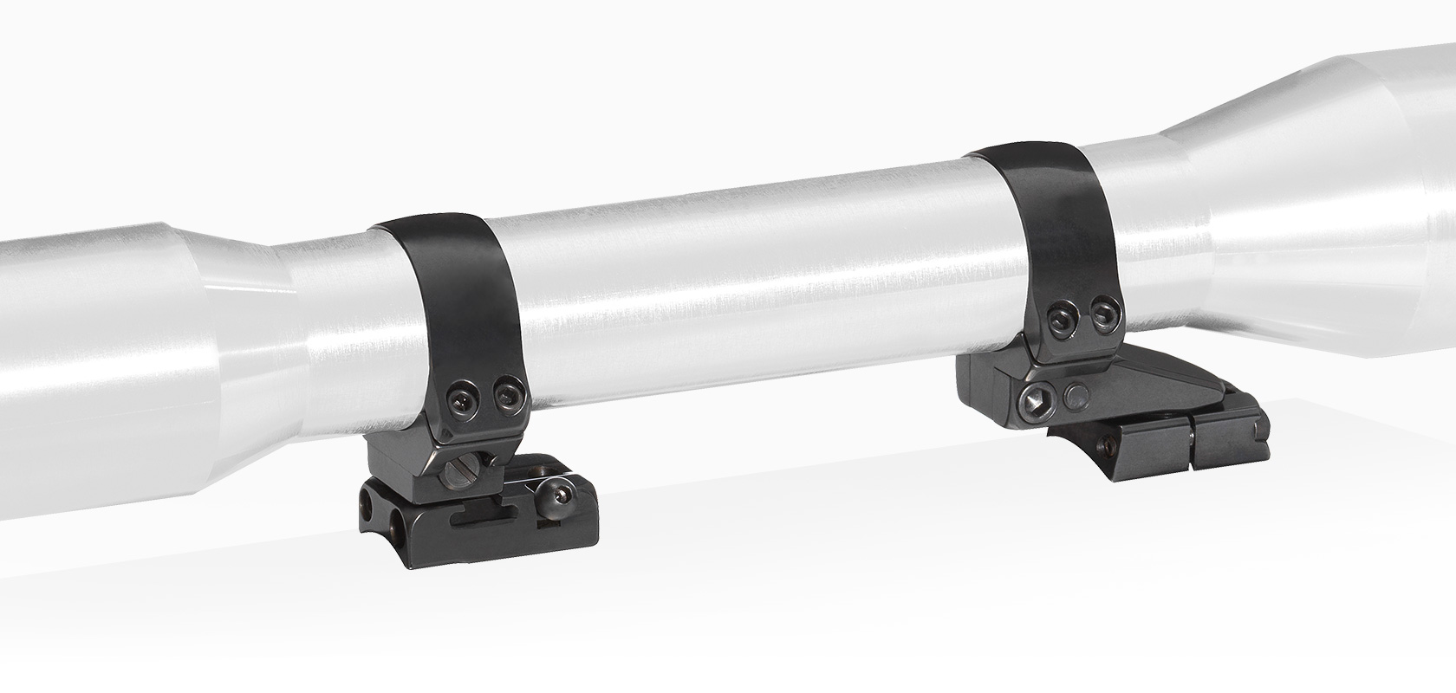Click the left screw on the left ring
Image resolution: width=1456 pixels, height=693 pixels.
click(462, 398)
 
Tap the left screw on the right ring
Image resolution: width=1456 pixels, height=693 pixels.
click(1058, 321)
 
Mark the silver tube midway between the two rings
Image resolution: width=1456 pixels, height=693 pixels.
click(745, 260)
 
